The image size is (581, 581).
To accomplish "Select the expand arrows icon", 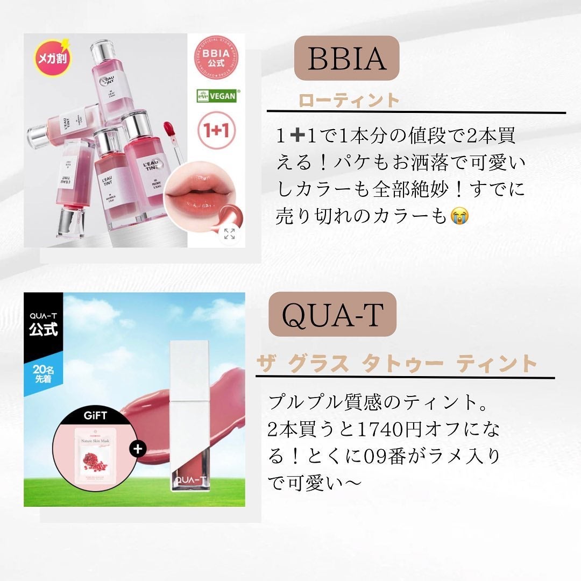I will [x=229, y=233].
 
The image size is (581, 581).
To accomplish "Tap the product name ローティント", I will [x=350, y=101].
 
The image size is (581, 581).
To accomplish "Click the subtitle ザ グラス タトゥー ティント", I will [x=397, y=364].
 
